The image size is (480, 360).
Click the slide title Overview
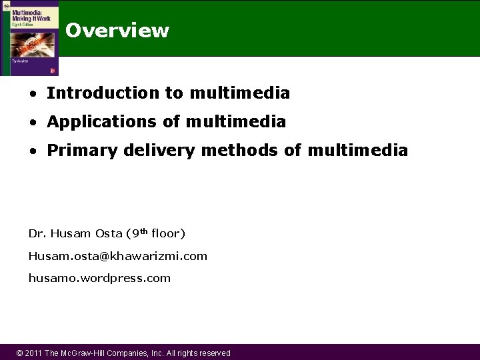pos(117,31)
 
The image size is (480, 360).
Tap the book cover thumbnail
pos(30,38)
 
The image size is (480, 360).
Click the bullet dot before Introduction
pos(32,93)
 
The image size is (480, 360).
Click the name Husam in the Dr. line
pos(69,233)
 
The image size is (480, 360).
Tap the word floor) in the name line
pos(168,233)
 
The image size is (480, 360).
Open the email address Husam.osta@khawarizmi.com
pos(117,255)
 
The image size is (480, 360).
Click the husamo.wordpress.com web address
pos(99,278)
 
